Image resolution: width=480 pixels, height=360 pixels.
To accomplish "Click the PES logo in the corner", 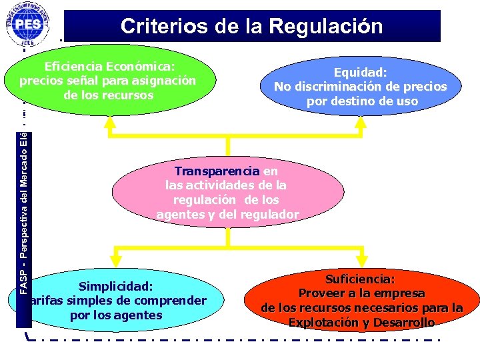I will pyautogui.click(x=27, y=24).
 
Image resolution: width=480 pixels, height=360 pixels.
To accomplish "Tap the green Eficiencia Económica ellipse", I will pyautogui.click(x=108, y=81).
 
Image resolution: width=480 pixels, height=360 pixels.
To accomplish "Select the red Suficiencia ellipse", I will pyautogui.click(x=361, y=301).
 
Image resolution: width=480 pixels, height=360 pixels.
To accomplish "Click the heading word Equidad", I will pyautogui.click(x=361, y=72).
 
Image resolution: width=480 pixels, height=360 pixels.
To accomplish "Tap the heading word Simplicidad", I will pyautogui.click(x=116, y=287).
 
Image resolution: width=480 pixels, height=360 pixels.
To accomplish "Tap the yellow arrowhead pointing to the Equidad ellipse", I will pyautogui.click(x=361, y=121).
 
